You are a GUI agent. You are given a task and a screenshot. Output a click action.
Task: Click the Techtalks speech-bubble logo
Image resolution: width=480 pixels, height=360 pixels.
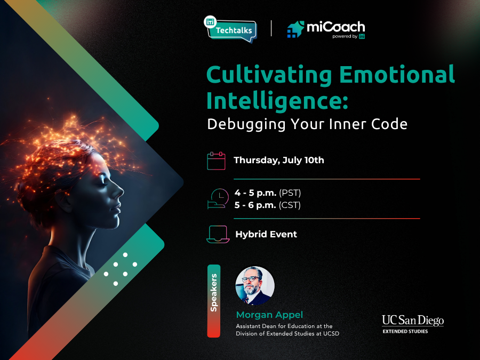(x=230, y=29)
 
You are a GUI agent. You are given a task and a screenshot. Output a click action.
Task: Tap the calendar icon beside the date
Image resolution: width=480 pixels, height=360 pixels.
(x=216, y=161)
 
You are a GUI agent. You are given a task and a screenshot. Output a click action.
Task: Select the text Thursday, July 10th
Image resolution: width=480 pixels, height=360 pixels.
(x=278, y=160)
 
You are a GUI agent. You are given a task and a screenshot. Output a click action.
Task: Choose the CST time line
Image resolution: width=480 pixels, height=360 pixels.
(x=267, y=205)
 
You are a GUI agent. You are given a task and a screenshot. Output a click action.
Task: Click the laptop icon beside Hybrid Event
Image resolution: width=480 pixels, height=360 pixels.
(x=218, y=234)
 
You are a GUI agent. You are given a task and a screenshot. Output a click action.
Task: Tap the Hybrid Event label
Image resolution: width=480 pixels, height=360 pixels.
(x=266, y=234)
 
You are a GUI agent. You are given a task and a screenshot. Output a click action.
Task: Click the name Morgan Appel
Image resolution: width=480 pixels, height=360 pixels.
(x=269, y=315)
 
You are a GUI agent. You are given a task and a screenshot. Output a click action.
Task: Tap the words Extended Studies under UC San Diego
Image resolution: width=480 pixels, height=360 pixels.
(x=405, y=331)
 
